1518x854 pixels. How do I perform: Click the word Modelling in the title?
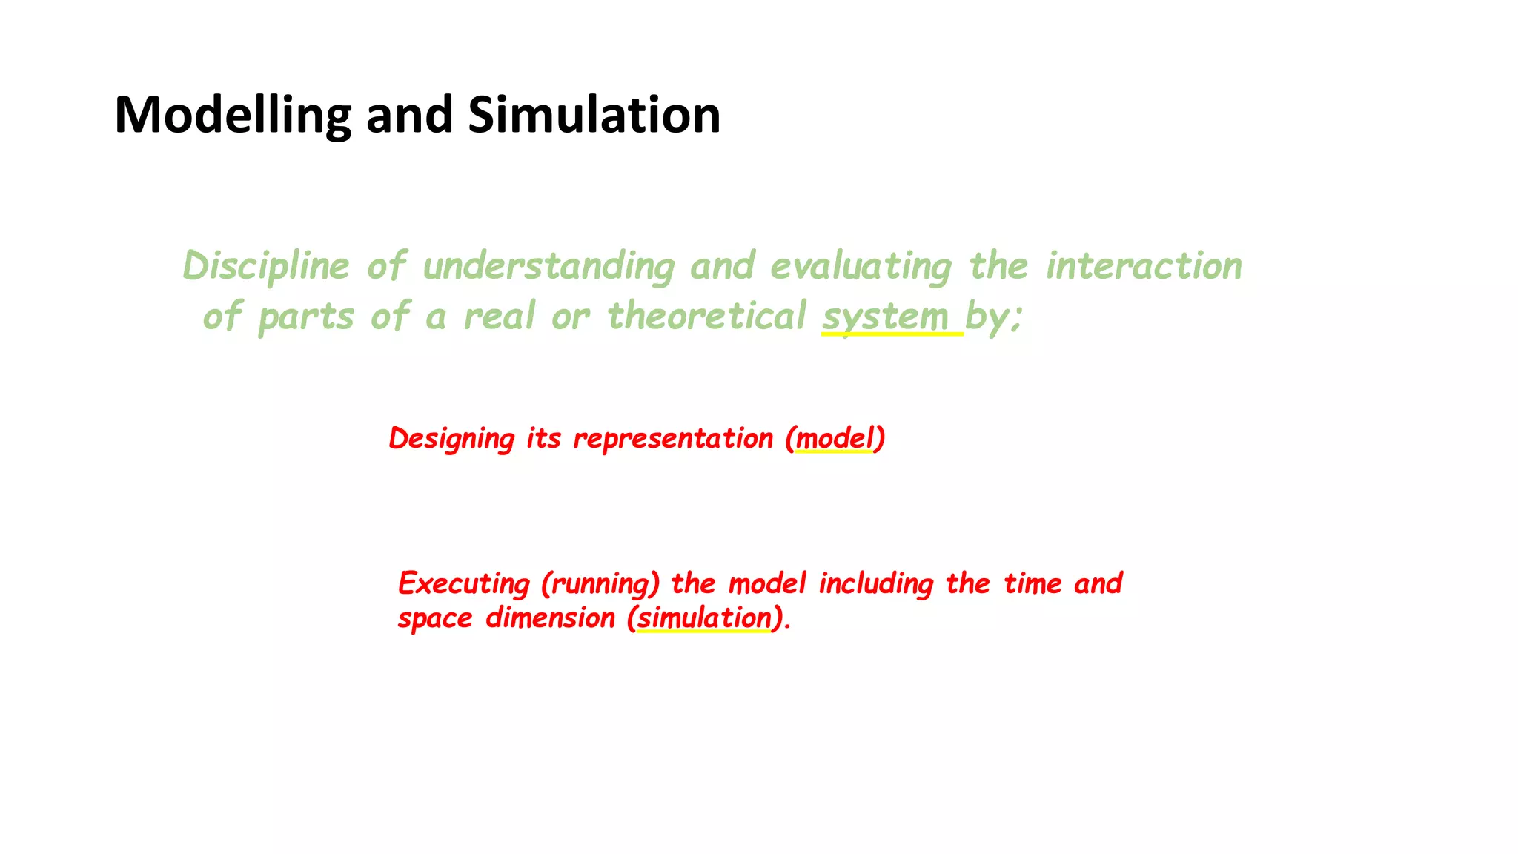(232, 116)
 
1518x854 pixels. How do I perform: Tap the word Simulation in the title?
(594, 116)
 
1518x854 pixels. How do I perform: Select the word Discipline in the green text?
(265, 266)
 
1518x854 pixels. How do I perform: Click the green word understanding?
(548, 266)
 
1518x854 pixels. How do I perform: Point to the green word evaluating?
(861, 266)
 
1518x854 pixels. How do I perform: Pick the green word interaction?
(1144, 266)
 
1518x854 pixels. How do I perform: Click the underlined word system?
(885, 317)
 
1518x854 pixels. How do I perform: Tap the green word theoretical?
(706, 317)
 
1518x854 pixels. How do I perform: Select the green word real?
(499, 317)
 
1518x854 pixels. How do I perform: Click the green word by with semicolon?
(993, 317)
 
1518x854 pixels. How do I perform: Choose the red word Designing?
(451, 438)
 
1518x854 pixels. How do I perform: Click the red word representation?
(673, 438)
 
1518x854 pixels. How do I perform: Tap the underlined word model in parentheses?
(835, 438)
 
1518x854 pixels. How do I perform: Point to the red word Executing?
(464, 584)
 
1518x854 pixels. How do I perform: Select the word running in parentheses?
(600, 584)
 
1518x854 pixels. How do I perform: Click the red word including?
(875, 584)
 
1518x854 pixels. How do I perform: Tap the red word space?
(435, 618)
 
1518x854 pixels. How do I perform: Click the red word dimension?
(550, 618)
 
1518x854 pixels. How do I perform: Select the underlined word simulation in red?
(704, 618)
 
